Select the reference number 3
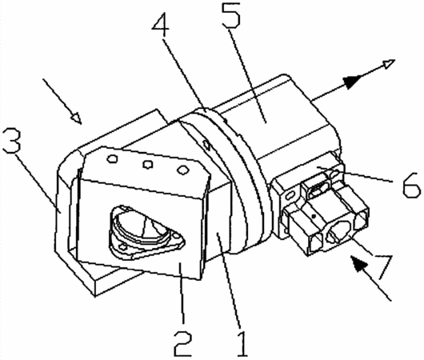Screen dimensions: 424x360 [x=11, y=141]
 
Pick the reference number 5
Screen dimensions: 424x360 [x=231, y=14]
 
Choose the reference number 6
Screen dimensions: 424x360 [x=411, y=186]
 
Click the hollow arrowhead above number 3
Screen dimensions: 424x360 [x=76, y=118]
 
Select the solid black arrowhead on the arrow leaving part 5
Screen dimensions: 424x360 [x=351, y=81]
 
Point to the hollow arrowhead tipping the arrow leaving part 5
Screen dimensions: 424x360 [x=388, y=64]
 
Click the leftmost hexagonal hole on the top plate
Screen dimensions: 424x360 [x=112, y=158]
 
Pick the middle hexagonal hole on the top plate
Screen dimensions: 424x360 [x=147, y=164]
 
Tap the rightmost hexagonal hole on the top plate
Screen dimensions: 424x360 [x=182, y=170]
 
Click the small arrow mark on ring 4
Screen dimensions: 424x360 [x=207, y=145]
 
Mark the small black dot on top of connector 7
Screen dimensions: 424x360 [x=314, y=216]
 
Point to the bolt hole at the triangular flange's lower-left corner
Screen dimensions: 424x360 [x=124, y=246]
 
